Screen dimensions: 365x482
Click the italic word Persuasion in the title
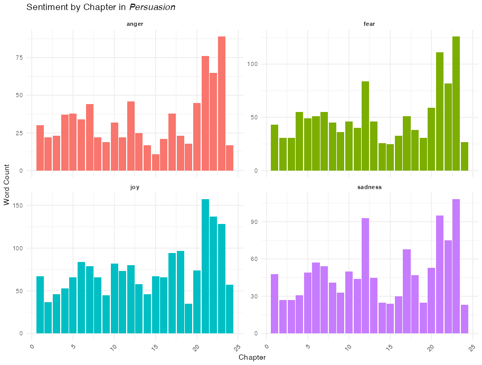click(153, 8)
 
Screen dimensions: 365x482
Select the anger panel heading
click(135, 24)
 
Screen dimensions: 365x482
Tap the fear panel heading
click(370, 24)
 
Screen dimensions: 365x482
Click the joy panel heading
click(135, 187)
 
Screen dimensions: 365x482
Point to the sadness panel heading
click(370, 187)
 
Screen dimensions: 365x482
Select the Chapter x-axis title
click(252, 358)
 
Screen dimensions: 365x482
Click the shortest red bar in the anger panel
click(155, 162)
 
